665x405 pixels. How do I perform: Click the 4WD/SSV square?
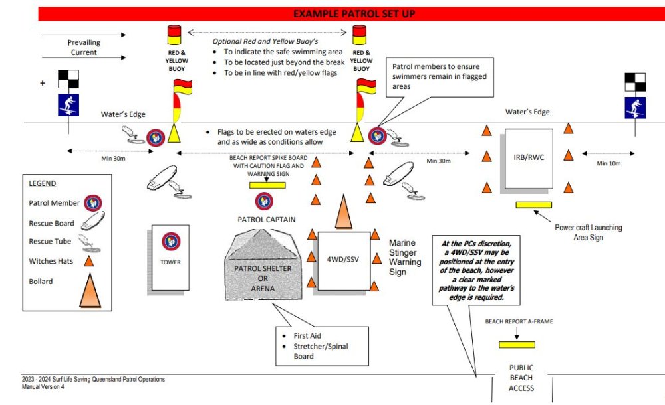point(343,260)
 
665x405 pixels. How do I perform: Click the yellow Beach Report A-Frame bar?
point(517,345)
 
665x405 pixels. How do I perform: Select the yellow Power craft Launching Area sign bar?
point(533,205)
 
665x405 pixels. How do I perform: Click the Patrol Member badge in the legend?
point(92,203)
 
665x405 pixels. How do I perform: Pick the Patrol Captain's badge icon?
point(265,199)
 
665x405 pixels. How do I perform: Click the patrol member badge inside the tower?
point(171,240)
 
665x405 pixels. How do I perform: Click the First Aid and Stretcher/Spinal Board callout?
point(322,346)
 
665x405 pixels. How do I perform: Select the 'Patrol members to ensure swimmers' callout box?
point(439,76)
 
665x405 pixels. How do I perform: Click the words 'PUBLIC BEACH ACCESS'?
point(521,378)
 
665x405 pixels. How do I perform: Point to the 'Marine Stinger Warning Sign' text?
point(405,257)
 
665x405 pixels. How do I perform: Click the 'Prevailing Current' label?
point(84,47)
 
